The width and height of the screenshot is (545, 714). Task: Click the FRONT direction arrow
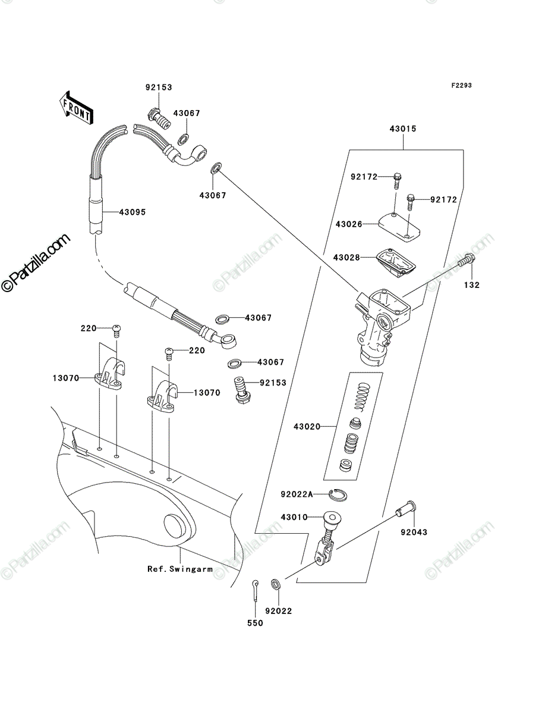coord(76,107)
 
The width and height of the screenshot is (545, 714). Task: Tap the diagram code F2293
coord(461,86)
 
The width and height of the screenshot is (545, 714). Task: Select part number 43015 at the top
coord(403,129)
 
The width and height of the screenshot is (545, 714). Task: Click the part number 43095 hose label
coord(132,212)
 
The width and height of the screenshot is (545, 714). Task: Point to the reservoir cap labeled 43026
coord(399,228)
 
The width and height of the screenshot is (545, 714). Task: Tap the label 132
coord(471,285)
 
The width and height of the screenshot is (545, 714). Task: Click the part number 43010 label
coord(294,517)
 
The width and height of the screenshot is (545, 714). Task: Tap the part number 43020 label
coord(307,427)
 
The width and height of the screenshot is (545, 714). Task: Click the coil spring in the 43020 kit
coord(363,396)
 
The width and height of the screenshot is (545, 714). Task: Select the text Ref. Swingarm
coord(180,569)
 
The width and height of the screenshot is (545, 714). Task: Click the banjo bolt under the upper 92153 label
coord(159,119)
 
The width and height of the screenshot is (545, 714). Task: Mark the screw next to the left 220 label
coord(116,331)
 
